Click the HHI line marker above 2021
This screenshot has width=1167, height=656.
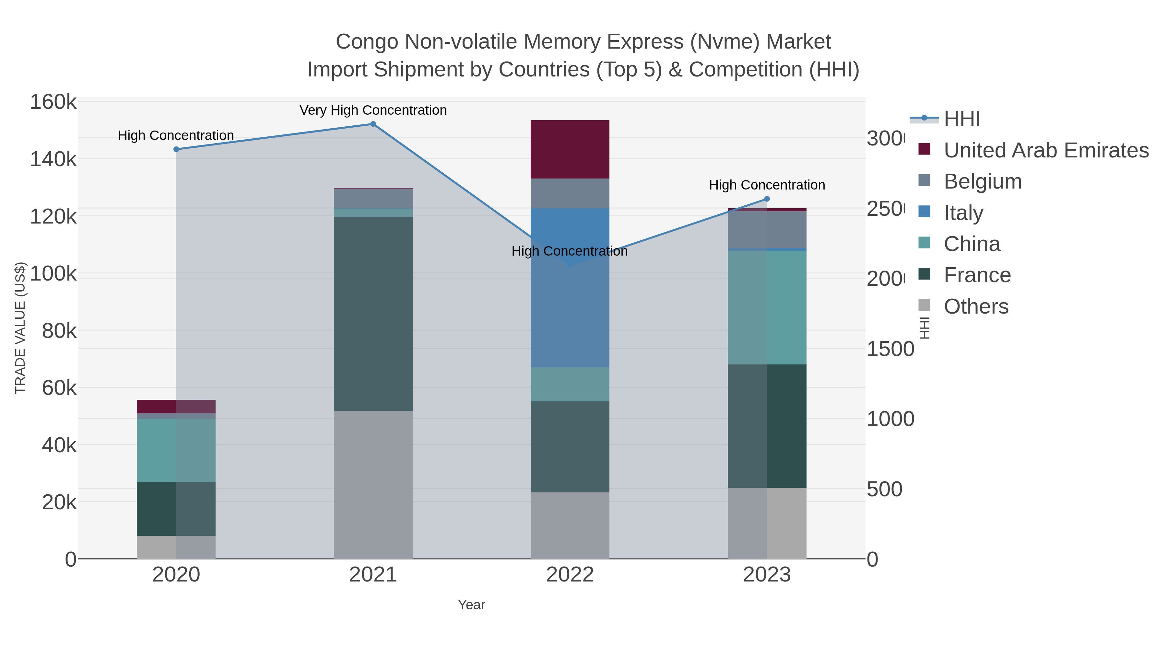(373, 124)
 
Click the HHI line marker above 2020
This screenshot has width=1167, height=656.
(176, 149)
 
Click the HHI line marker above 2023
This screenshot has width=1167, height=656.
(767, 199)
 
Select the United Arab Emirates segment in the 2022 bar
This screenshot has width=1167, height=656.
(570, 149)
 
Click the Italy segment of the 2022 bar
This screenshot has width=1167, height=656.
(570, 288)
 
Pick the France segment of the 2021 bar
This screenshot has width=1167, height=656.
(373, 314)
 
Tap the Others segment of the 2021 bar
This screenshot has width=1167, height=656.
(373, 484)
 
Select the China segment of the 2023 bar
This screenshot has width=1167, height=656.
(767, 307)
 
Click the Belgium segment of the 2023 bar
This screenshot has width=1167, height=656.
(767, 230)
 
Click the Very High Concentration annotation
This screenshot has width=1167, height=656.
(373, 110)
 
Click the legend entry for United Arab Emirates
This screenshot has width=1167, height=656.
(1045, 150)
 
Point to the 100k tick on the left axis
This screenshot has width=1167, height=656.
(53, 273)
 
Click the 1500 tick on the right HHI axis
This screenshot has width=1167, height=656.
(890, 349)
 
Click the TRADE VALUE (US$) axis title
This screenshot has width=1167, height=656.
(20, 328)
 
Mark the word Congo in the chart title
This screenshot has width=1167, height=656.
(367, 42)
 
